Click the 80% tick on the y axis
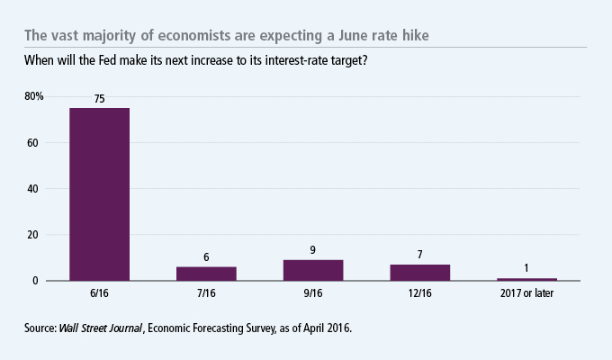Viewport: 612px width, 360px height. pyautogui.click(x=33, y=96)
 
